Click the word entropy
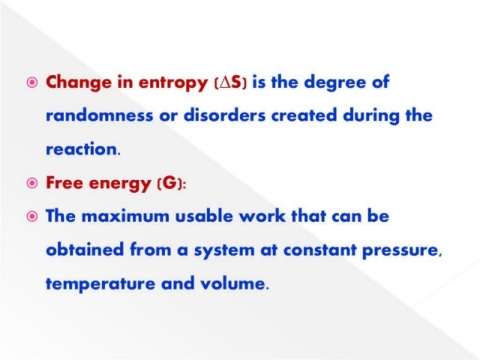173,83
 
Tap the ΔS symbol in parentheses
230,82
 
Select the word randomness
99,115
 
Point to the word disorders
225,115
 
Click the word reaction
83,149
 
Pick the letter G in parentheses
170,183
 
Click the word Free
64,183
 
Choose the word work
263,216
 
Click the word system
224,251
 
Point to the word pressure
402,251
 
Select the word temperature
101,284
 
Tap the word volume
234,283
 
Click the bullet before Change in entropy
32,82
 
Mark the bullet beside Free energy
32,183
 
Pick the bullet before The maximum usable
32,217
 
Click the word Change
79,83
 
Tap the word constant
320,250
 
